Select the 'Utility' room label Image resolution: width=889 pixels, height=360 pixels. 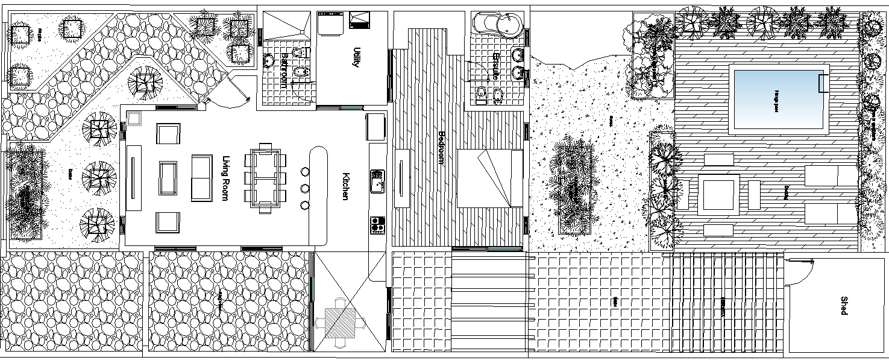click(x=356, y=57)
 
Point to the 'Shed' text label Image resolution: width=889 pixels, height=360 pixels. click(x=844, y=306)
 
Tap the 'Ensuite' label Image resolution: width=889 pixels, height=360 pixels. click(x=497, y=66)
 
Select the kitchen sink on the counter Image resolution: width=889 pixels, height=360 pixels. click(x=377, y=181)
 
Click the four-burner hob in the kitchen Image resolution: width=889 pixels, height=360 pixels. click(x=377, y=225)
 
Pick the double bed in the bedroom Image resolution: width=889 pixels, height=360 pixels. click(x=489, y=178)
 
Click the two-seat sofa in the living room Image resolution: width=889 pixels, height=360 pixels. click(x=202, y=178)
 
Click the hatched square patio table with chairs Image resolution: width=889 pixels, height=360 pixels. click(x=341, y=318)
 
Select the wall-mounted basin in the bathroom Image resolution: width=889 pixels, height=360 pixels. click(x=268, y=60)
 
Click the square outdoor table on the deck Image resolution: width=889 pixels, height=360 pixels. click(x=719, y=195)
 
